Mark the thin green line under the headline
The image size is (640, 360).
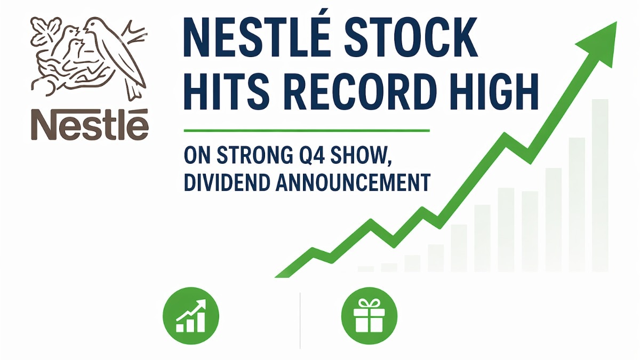(x=306, y=130)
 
